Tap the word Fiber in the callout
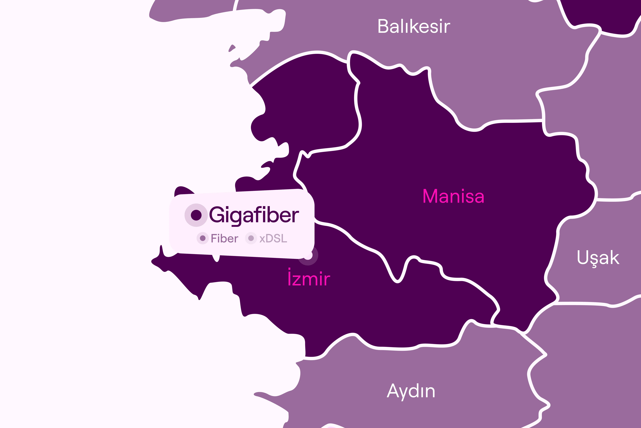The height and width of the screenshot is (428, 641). tap(225, 239)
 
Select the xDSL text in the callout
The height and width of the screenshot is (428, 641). tap(273, 239)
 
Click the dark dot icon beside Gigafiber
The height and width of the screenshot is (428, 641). tap(196, 215)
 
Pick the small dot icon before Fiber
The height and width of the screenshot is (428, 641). tap(202, 238)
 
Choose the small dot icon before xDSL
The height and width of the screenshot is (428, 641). tap(251, 238)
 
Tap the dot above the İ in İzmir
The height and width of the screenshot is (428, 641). tap(290, 269)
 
